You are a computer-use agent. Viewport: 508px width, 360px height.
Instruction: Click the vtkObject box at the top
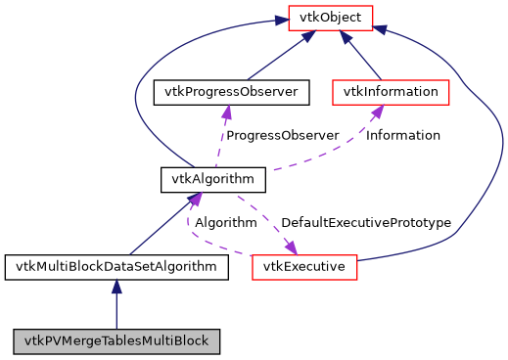coord(329,17)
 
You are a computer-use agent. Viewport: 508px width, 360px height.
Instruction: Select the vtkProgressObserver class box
coord(232,92)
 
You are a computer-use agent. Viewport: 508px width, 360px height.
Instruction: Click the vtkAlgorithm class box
coord(213,179)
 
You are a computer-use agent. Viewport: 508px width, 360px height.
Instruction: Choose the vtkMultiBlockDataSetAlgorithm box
coord(116,266)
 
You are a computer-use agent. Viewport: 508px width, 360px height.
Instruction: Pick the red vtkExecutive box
coord(304,266)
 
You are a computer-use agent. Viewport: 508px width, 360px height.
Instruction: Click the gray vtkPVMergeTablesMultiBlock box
coord(116,341)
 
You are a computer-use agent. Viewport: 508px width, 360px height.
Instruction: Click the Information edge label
coord(403,135)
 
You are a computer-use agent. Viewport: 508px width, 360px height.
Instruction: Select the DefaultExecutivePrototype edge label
coord(366,223)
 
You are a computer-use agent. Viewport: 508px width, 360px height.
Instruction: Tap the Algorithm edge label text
coord(226,223)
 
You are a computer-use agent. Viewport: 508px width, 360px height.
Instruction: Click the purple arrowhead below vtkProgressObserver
coord(227,112)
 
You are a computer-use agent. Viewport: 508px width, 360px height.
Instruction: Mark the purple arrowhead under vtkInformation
coord(374,112)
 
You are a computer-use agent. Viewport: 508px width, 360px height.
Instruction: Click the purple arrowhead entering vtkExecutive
coord(291,247)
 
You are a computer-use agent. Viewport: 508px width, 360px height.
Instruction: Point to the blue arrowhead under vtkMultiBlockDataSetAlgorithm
coord(116,287)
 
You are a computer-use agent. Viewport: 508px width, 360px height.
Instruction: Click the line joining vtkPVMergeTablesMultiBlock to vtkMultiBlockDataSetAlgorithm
coord(116,311)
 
